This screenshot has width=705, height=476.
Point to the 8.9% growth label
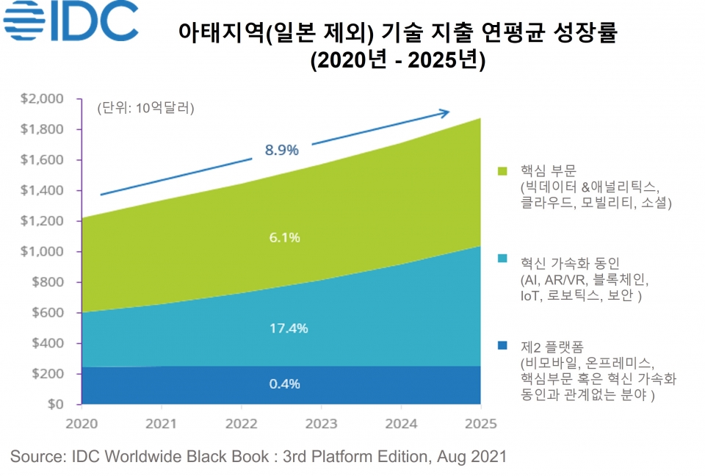pyautogui.click(x=282, y=150)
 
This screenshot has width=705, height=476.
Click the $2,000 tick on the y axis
pyautogui.click(x=42, y=98)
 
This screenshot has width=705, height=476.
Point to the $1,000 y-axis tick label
pyautogui.click(x=42, y=251)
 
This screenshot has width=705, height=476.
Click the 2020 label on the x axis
pyautogui.click(x=82, y=424)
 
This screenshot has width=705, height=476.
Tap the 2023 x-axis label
pyautogui.click(x=320, y=424)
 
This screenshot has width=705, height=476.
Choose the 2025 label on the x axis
pyautogui.click(x=480, y=424)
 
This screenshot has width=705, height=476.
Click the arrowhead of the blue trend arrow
pyautogui.click(x=444, y=112)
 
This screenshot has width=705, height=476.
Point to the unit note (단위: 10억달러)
pyautogui.click(x=145, y=109)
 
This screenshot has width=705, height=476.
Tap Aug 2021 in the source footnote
pyautogui.click(x=471, y=456)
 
